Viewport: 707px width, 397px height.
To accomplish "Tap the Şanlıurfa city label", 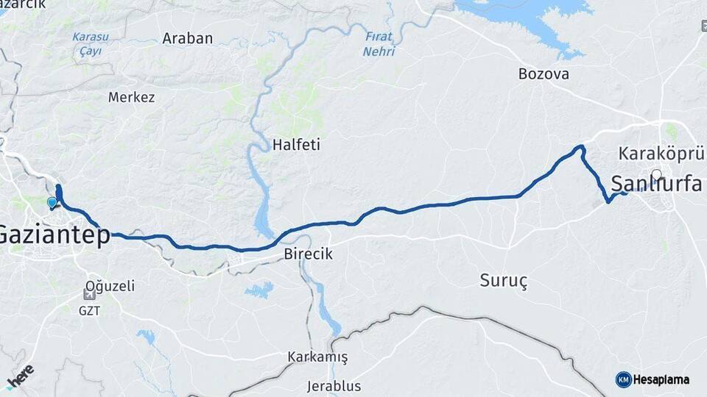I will [x=657, y=184].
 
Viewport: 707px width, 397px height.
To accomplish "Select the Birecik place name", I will [x=309, y=254].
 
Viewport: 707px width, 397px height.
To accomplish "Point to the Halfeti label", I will [x=296, y=145].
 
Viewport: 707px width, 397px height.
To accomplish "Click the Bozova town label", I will [x=544, y=74].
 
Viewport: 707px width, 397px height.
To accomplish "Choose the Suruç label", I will [x=504, y=280].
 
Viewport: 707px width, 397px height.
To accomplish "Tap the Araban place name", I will [x=188, y=38].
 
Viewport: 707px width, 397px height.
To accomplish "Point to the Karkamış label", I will [x=317, y=357].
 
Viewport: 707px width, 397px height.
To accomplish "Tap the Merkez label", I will [x=132, y=97].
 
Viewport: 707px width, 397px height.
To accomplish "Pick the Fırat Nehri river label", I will [x=379, y=43].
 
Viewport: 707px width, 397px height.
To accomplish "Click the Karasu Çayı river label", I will [x=91, y=43].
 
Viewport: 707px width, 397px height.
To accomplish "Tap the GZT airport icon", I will [x=89, y=295].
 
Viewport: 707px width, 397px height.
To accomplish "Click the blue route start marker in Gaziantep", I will [x=52, y=202].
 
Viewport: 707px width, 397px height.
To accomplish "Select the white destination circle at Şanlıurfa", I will [x=656, y=175].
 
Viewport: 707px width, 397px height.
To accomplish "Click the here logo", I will [x=20, y=377].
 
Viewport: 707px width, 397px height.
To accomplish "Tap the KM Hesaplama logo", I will [x=653, y=379].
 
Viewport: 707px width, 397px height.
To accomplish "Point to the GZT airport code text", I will [x=90, y=310].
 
